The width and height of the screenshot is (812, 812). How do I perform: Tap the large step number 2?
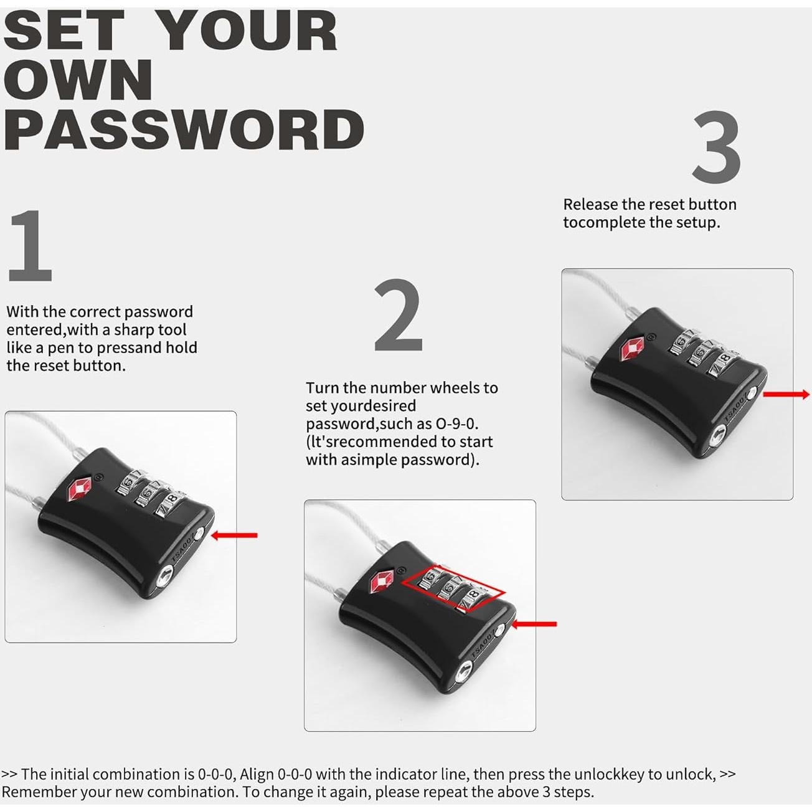399,316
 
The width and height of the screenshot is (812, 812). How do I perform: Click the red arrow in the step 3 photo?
786,394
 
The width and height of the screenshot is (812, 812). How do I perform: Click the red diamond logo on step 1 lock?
78,489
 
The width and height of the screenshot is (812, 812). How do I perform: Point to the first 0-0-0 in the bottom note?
215,774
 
